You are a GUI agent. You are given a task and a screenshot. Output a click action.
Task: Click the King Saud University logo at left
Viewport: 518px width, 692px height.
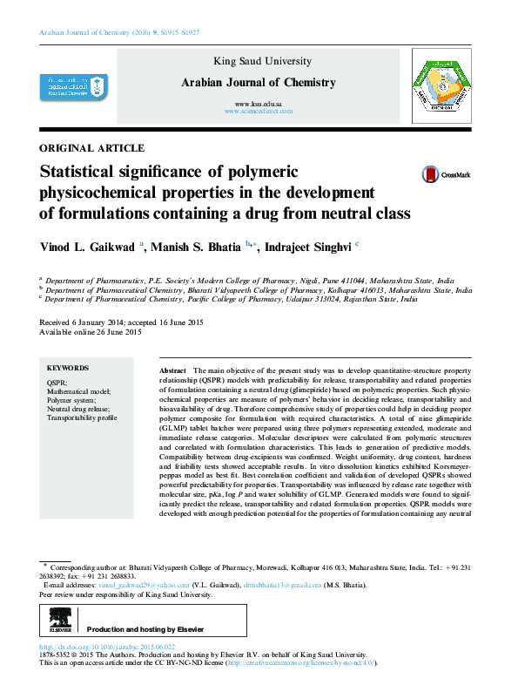point(71,87)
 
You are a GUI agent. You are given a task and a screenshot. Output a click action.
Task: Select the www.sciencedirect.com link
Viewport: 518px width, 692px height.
point(259,112)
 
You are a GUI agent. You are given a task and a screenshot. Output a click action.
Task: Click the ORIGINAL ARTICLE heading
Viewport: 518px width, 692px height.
point(92,148)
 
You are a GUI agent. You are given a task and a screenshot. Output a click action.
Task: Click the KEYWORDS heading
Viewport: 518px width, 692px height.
point(68,368)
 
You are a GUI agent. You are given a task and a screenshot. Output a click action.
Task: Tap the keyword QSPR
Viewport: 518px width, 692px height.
point(57,383)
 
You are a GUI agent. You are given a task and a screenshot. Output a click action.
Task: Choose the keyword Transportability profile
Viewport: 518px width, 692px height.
point(81,418)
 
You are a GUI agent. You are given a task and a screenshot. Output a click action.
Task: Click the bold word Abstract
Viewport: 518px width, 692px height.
point(174,370)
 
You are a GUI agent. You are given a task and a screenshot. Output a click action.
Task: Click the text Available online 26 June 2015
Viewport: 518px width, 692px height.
point(91,332)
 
